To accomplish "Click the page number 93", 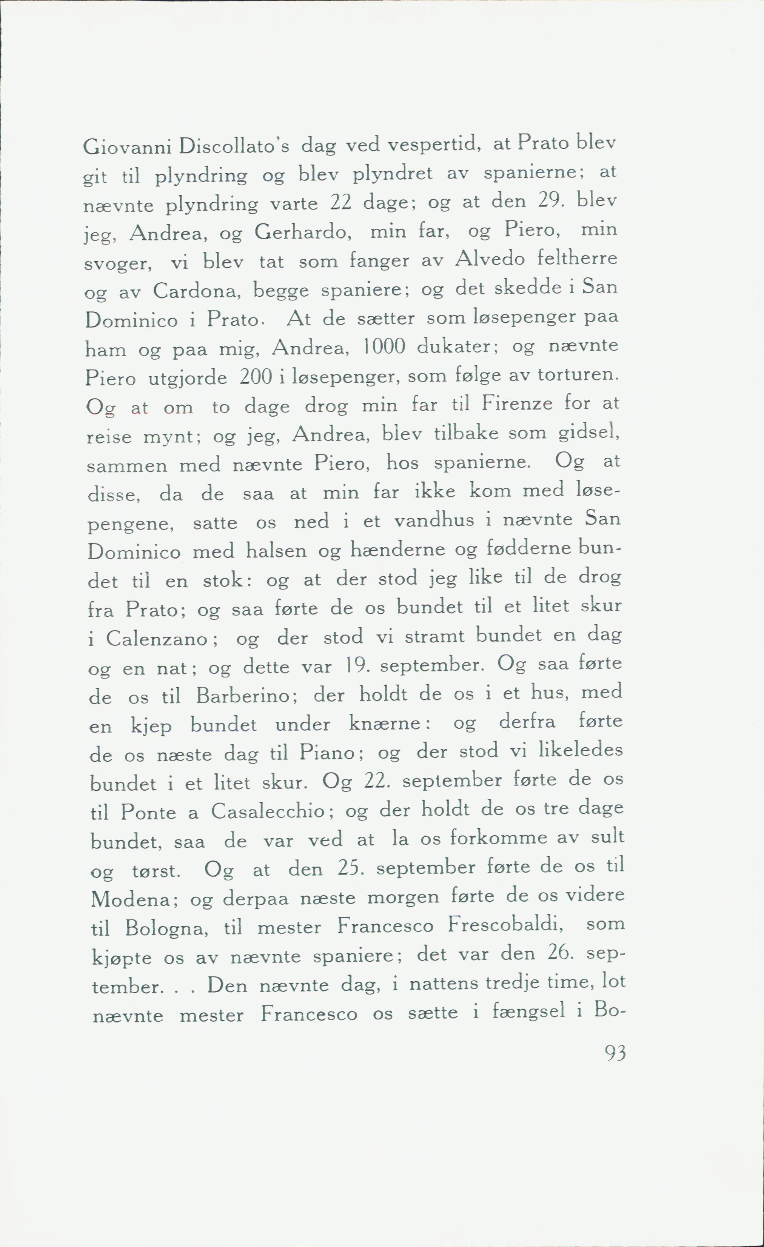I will click(x=615, y=1054).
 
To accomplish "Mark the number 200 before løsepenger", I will click(x=256, y=377).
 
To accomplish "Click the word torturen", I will click(x=577, y=375).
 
